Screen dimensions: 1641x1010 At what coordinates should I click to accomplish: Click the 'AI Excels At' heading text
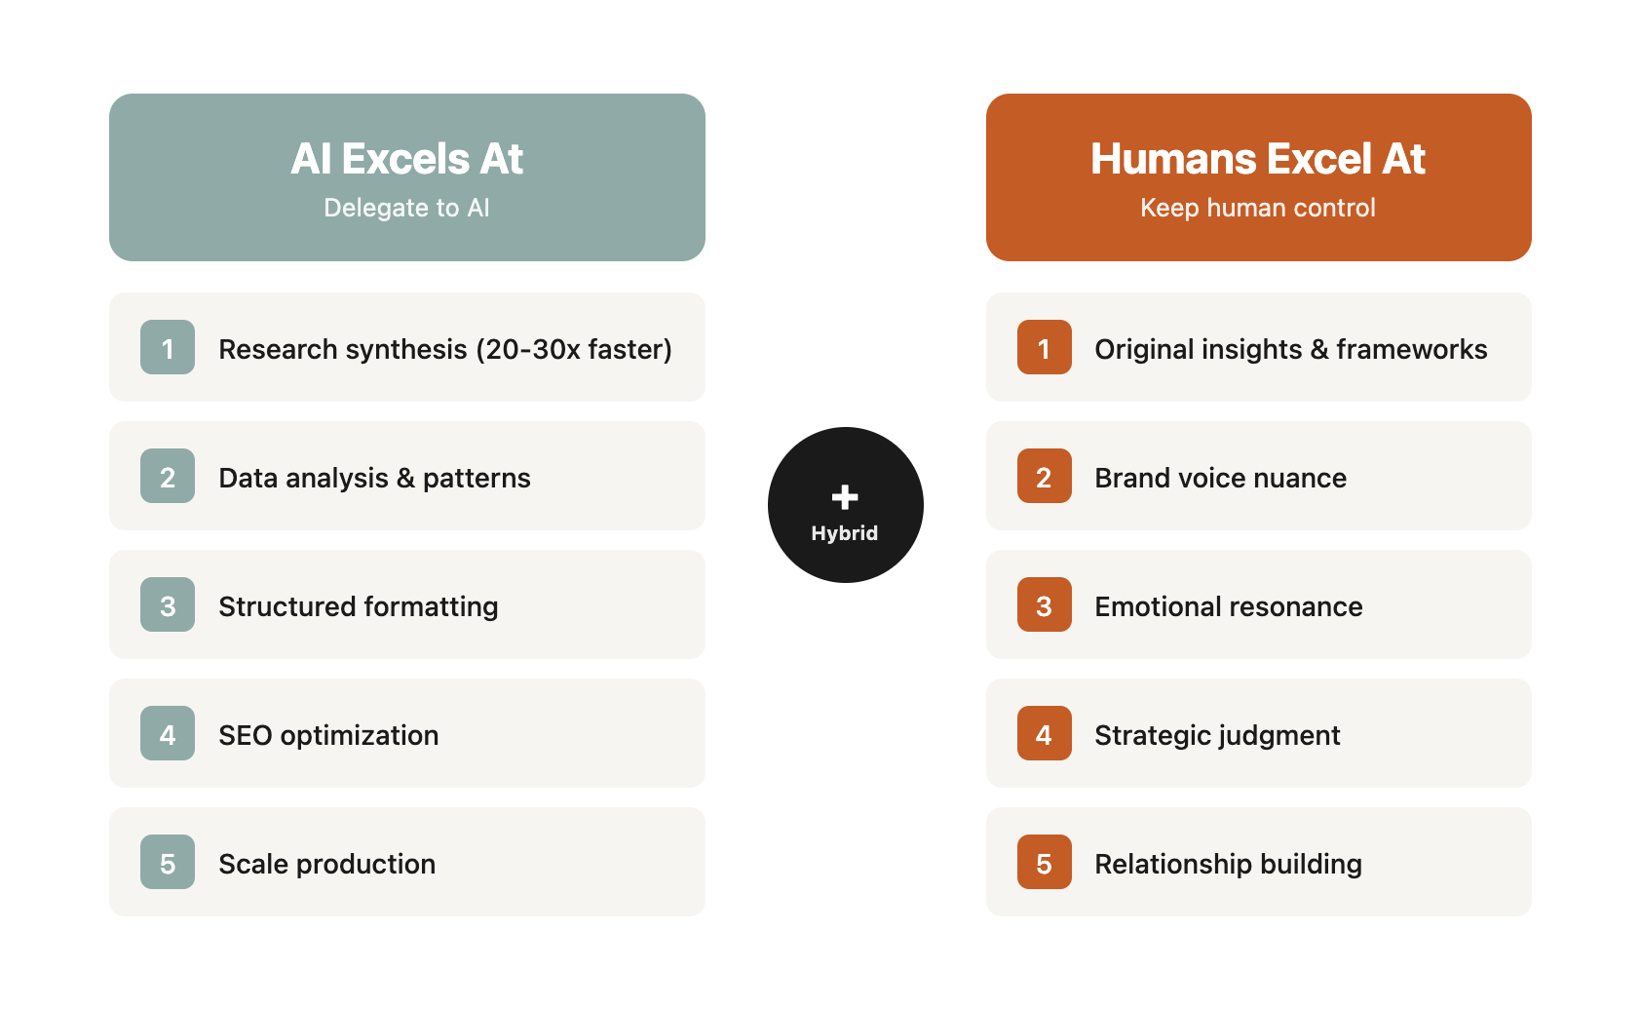tap(406, 158)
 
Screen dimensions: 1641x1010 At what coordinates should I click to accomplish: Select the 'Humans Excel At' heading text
tap(1258, 158)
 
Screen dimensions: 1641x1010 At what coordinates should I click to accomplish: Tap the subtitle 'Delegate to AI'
tap(406, 208)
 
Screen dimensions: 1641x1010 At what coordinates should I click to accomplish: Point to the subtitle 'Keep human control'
tap(1258, 208)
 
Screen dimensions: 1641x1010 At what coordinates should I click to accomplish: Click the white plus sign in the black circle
tap(845, 497)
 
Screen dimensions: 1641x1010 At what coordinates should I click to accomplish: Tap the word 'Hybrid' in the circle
tap(845, 533)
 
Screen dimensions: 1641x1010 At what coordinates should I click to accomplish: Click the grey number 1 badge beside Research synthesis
tap(168, 347)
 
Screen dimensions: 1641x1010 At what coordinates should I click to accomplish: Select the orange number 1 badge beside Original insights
tap(1044, 347)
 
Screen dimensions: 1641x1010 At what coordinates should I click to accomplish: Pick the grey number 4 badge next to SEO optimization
tap(168, 733)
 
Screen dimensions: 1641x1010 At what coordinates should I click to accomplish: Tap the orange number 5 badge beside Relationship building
tap(1044, 862)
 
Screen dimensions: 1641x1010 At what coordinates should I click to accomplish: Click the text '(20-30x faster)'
tap(574, 350)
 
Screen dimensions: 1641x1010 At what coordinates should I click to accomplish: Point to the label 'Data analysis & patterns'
tap(374, 478)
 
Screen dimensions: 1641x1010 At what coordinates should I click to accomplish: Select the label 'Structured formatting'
tap(359, 607)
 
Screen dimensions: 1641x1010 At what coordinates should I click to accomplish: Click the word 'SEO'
tap(246, 735)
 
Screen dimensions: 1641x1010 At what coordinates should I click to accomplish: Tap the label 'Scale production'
tap(326, 864)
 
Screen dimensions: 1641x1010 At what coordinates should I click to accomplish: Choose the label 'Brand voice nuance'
tap(1220, 478)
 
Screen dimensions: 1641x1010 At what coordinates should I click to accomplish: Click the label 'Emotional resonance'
tap(1229, 607)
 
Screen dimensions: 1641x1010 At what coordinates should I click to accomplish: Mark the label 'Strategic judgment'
tap(1217, 735)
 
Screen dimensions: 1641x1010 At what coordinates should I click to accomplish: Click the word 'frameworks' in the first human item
tap(1412, 350)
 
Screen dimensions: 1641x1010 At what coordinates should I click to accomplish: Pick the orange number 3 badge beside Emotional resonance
tap(1044, 604)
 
